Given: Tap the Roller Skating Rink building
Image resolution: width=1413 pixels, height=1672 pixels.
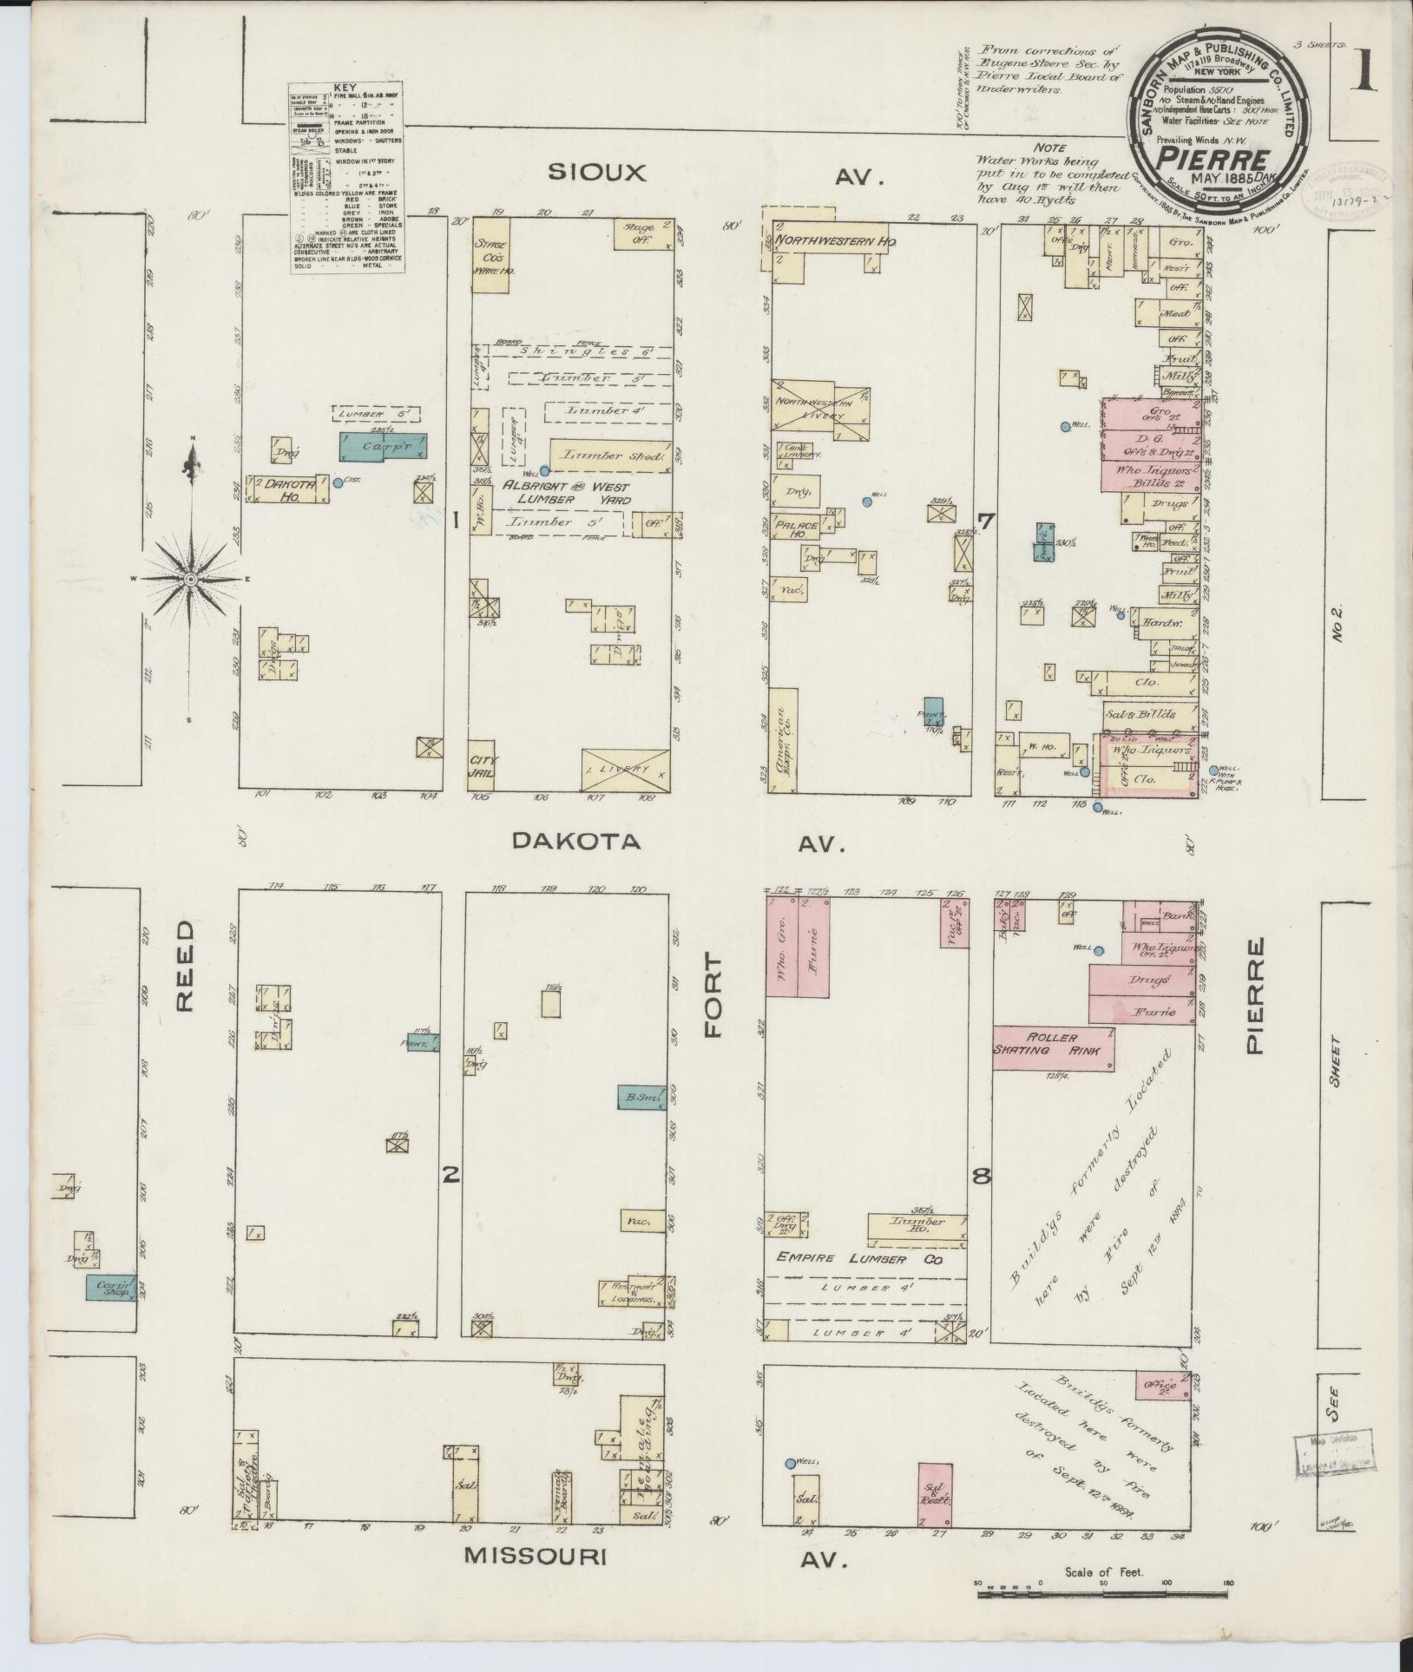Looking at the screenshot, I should tap(1053, 1046).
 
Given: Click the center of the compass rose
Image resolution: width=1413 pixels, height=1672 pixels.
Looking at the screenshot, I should tap(190, 579).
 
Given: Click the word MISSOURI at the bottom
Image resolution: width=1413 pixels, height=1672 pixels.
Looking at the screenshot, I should tap(535, 1581).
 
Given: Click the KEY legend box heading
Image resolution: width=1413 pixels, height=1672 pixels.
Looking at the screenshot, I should tap(347, 89).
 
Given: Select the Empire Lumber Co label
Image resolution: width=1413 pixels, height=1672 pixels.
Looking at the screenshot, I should tap(859, 1259).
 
